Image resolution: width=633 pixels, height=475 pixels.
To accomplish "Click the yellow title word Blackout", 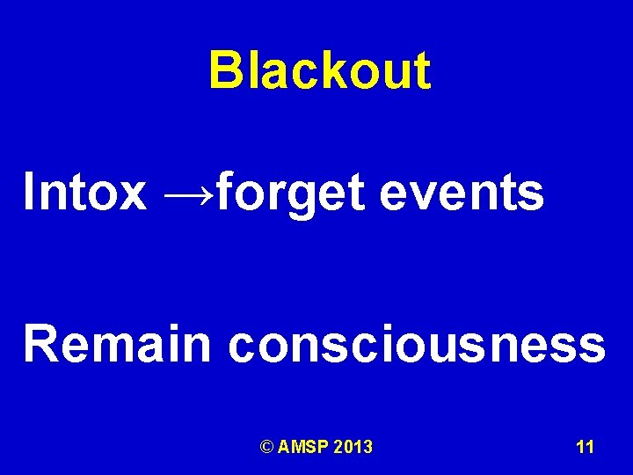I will (x=320, y=70).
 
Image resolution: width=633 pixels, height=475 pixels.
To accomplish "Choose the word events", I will (x=462, y=193).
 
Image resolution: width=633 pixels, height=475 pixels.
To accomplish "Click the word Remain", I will (x=118, y=343).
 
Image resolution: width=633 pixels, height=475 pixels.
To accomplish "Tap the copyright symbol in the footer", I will (x=267, y=448).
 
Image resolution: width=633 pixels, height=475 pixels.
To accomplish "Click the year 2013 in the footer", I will (x=354, y=448).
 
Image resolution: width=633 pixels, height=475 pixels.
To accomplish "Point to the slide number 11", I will (x=585, y=448).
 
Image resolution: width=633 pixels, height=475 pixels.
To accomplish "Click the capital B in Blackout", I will (x=224, y=70).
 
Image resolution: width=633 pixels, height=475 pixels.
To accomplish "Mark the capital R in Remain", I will (x=40, y=343).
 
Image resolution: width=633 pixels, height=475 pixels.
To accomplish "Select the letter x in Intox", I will (x=133, y=196).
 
